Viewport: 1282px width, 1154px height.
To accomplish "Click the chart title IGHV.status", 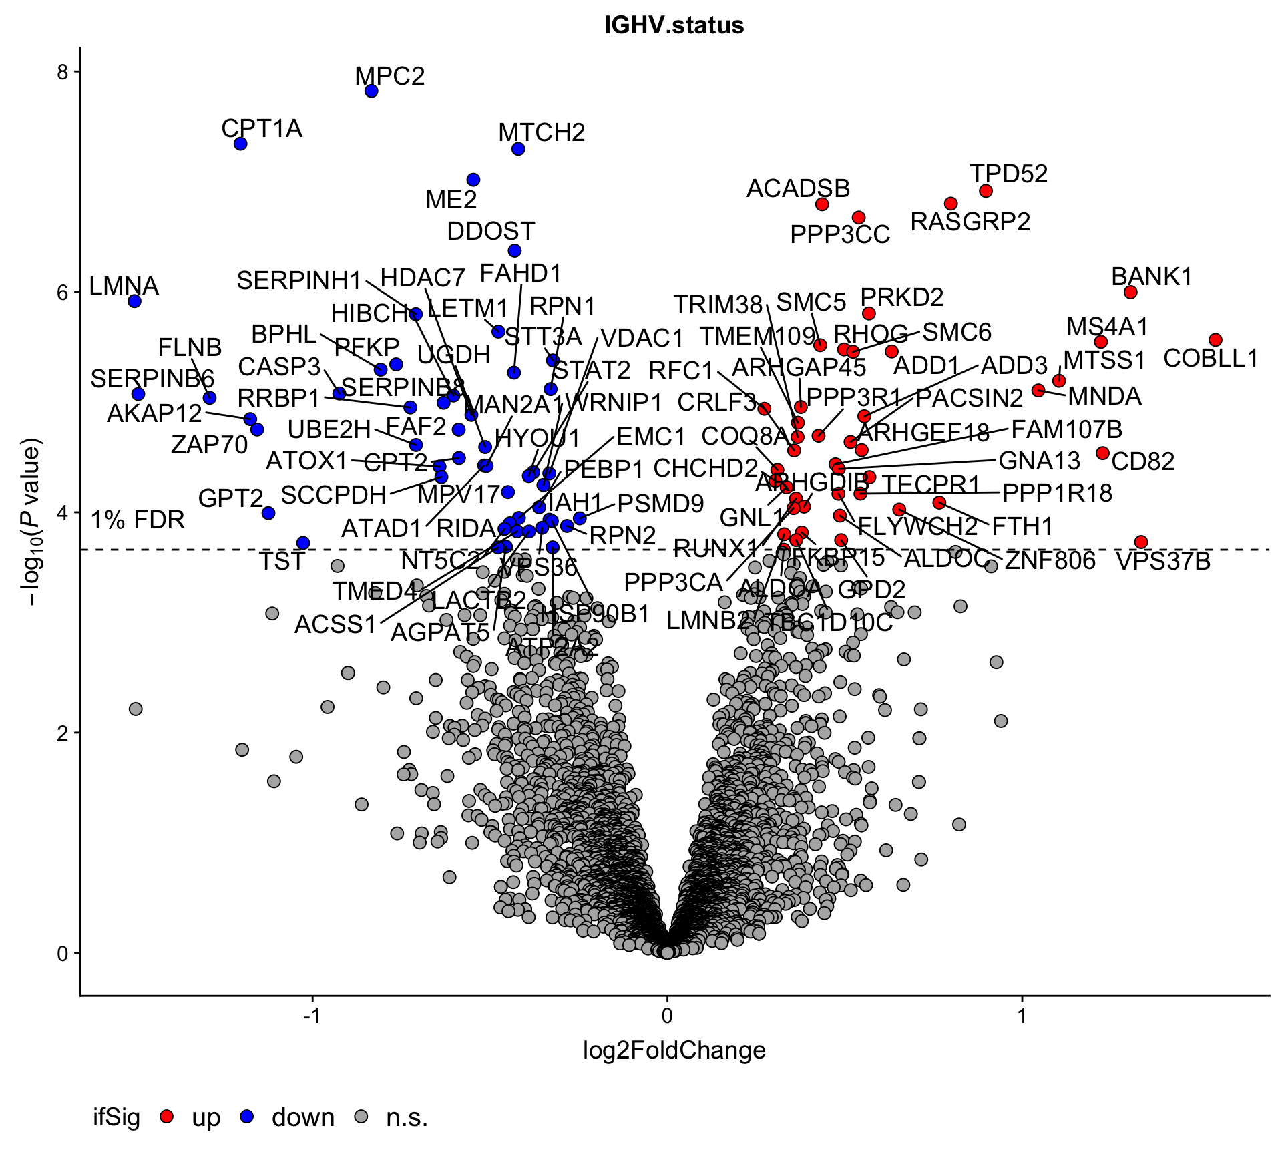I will click(674, 25).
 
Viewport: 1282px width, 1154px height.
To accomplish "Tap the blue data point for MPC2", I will click(372, 91).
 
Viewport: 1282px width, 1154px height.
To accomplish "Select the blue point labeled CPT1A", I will click(241, 144).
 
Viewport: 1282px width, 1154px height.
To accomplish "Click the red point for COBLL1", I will click(1215, 340).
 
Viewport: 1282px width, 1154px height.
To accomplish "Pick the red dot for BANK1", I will click(1130, 292).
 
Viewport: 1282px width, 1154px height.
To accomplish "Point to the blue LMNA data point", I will click(134, 301).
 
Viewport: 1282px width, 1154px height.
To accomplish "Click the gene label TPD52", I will click(1009, 174).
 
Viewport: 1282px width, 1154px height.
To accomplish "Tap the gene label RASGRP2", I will click(970, 222).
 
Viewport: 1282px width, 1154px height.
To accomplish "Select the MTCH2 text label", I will click(542, 132).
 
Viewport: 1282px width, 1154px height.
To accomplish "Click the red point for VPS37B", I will click(1141, 542).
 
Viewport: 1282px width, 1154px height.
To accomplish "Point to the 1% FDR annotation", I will click(138, 520).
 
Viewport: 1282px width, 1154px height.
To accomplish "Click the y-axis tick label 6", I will click(63, 293).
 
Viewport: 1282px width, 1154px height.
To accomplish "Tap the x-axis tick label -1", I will click(312, 1016).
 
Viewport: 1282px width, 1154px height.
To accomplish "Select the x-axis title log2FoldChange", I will click(674, 1051).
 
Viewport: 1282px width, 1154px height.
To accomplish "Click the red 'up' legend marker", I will click(168, 1116).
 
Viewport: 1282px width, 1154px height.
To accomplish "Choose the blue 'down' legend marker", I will click(247, 1116).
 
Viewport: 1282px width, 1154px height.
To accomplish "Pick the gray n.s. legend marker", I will click(361, 1116).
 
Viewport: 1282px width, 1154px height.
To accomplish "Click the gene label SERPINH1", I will click(298, 280).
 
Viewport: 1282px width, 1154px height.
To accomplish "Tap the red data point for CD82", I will click(1102, 453).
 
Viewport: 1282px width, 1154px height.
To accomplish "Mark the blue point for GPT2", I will click(268, 513).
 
